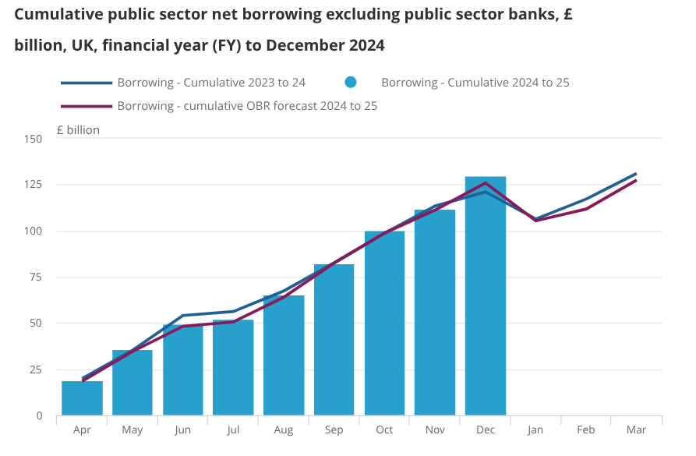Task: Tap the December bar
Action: [x=486, y=296]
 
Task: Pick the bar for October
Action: [x=384, y=323]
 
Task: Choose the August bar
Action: [x=284, y=355]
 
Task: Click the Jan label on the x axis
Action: [x=535, y=429]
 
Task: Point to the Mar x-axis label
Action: [x=637, y=429]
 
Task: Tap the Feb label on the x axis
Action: [x=586, y=429]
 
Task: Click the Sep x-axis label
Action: [x=334, y=429]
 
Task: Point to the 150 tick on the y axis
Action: [x=33, y=139]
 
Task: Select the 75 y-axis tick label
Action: [x=36, y=277]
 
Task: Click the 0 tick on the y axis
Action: [x=39, y=415]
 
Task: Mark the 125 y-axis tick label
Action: [x=33, y=185]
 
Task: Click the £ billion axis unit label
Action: [x=78, y=130]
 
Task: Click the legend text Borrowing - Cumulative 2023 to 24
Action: [x=211, y=83]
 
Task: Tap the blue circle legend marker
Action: [x=351, y=83]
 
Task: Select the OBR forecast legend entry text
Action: [x=247, y=106]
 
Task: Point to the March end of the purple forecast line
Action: [x=637, y=180]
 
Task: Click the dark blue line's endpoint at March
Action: [x=637, y=173]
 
